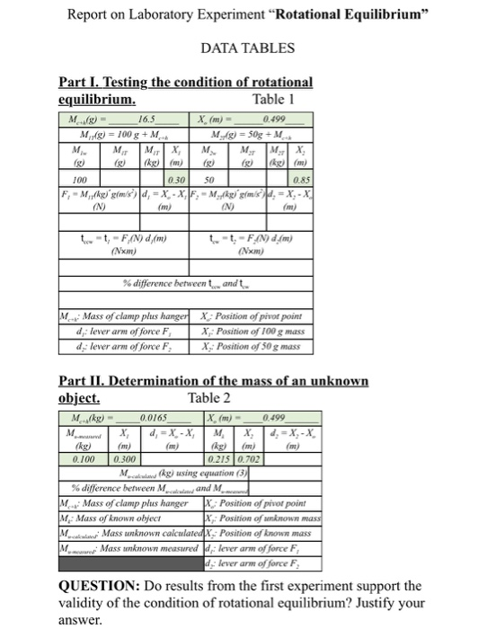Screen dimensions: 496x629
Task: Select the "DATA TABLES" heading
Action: tap(247, 46)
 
